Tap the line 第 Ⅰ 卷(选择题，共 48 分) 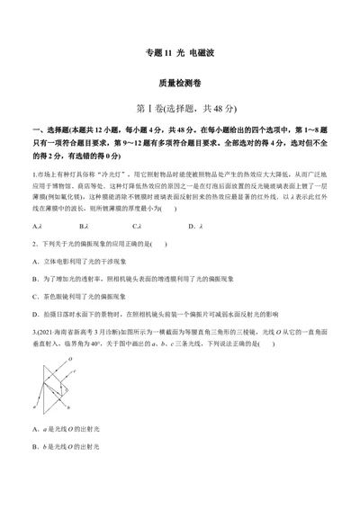pos(179,109)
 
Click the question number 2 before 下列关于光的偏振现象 pos(33,244)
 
